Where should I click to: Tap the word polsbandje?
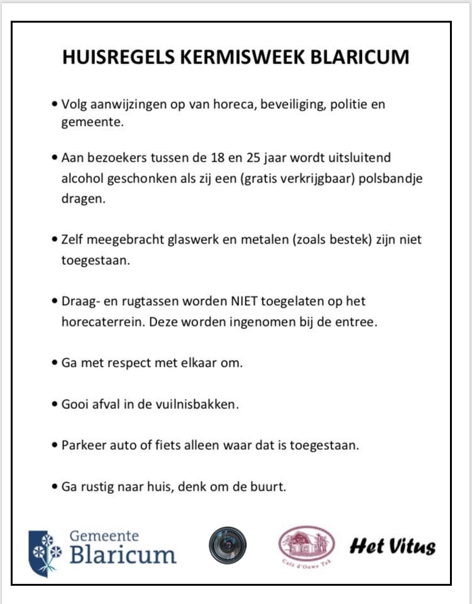pos(391,178)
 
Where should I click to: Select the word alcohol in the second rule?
pos(83,178)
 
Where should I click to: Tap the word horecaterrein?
pos(98,322)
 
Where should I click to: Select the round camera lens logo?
pos(228,545)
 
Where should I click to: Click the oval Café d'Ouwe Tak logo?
pos(306,545)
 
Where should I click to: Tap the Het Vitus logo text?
pos(393,545)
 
